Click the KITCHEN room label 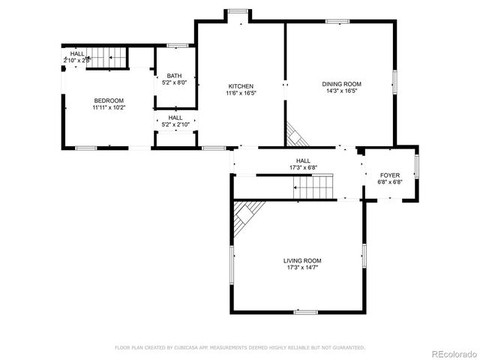[240, 86]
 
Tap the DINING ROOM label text [342, 84]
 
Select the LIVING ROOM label [302, 261]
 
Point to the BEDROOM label [109, 100]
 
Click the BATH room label [174, 76]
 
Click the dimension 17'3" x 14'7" [302, 268]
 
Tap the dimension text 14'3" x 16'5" [342, 91]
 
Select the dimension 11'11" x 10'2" [109, 107]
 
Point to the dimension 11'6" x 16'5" [240, 93]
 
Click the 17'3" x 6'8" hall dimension [303, 167]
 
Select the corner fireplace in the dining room [295, 135]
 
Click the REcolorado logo [451, 353]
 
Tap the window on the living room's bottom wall [305, 311]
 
